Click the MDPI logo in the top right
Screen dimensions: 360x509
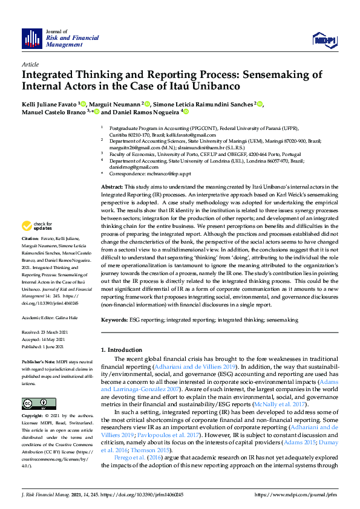coord(323,40)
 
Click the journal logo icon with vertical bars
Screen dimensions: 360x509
coord(32,38)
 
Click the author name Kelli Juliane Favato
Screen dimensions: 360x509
coord(50,104)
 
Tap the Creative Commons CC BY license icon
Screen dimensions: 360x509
coord(30,403)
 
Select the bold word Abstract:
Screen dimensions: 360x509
coord(111,172)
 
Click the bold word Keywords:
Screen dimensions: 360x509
coord(114,319)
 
